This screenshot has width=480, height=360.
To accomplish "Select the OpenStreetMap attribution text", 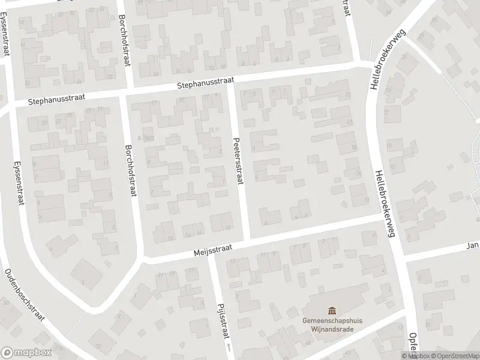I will point(451,356).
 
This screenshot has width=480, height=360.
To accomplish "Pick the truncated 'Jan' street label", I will point(474,245).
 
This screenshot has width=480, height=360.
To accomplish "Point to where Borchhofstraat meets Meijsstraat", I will point(142,260).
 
